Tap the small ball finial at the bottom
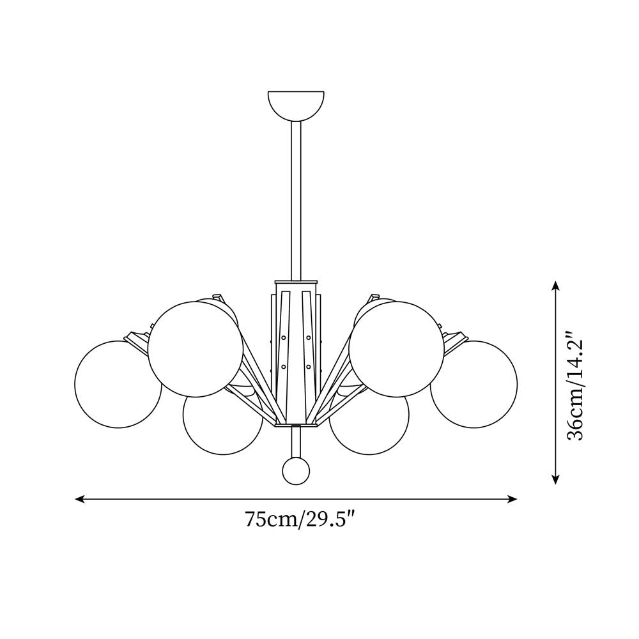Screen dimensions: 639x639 click(x=296, y=471)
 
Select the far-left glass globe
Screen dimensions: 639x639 click(x=118, y=384)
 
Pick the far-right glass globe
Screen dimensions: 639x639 click(x=474, y=384)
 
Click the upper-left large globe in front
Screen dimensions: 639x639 click(x=196, y=350)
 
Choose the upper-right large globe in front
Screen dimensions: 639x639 click(x=397, y=350)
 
